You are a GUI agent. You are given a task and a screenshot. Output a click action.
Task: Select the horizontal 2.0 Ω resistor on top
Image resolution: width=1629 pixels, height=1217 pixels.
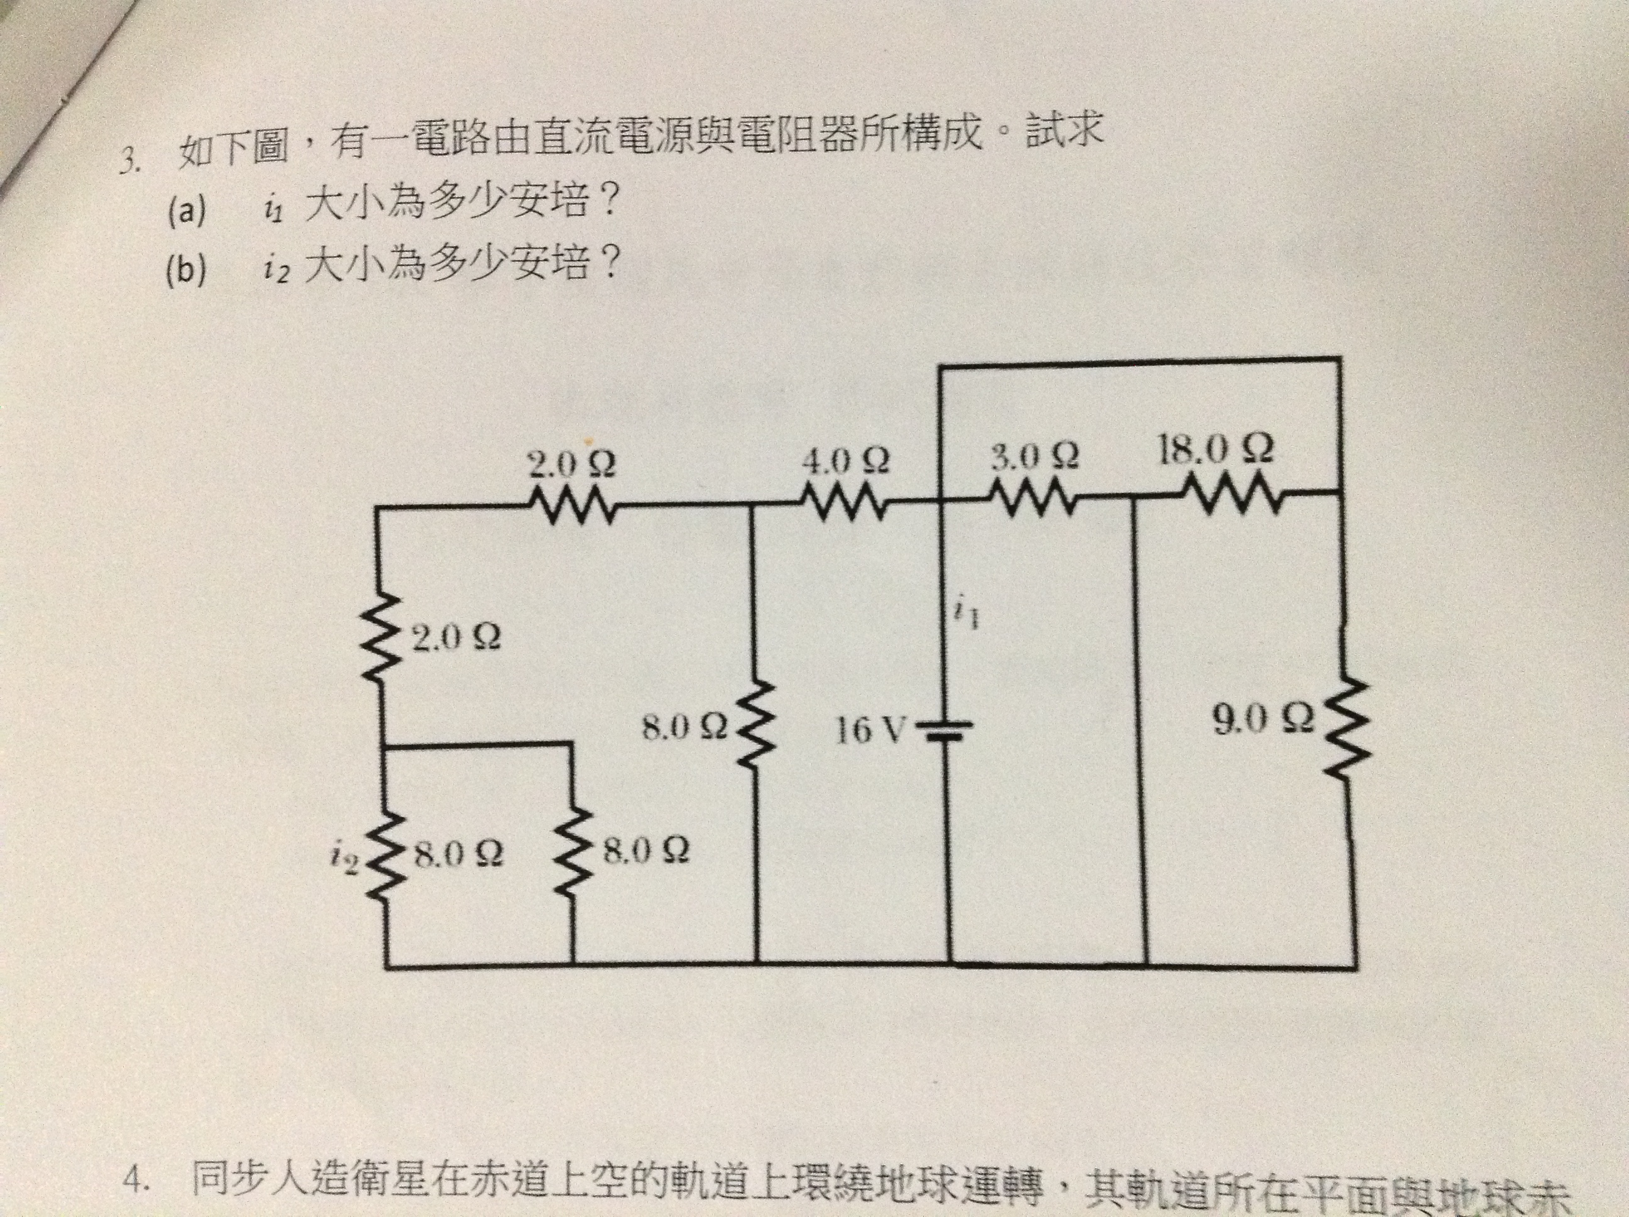click(x=571, y=505)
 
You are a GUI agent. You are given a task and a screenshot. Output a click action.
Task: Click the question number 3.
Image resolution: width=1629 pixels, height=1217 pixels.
click(x=129, y=158)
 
